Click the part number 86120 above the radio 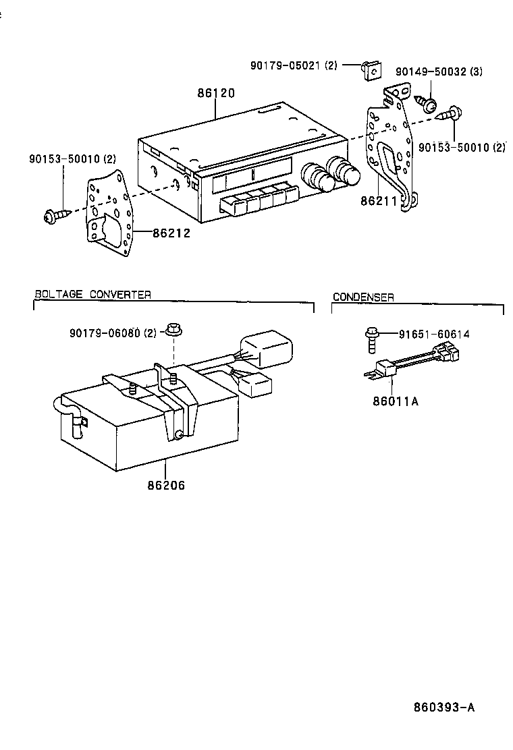(x=216, y=94)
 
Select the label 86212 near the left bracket (x=171, y=233)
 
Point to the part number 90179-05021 (x=293, y=65)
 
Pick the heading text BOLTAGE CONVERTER (x=92, y=294)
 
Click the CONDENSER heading (x=363, y=297)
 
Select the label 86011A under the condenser (x=396, y=401)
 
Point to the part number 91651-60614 (x=433, y=334)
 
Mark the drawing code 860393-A (x=444, y=708)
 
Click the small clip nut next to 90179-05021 (x=371, y=69)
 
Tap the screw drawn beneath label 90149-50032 (x=427, y=103)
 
